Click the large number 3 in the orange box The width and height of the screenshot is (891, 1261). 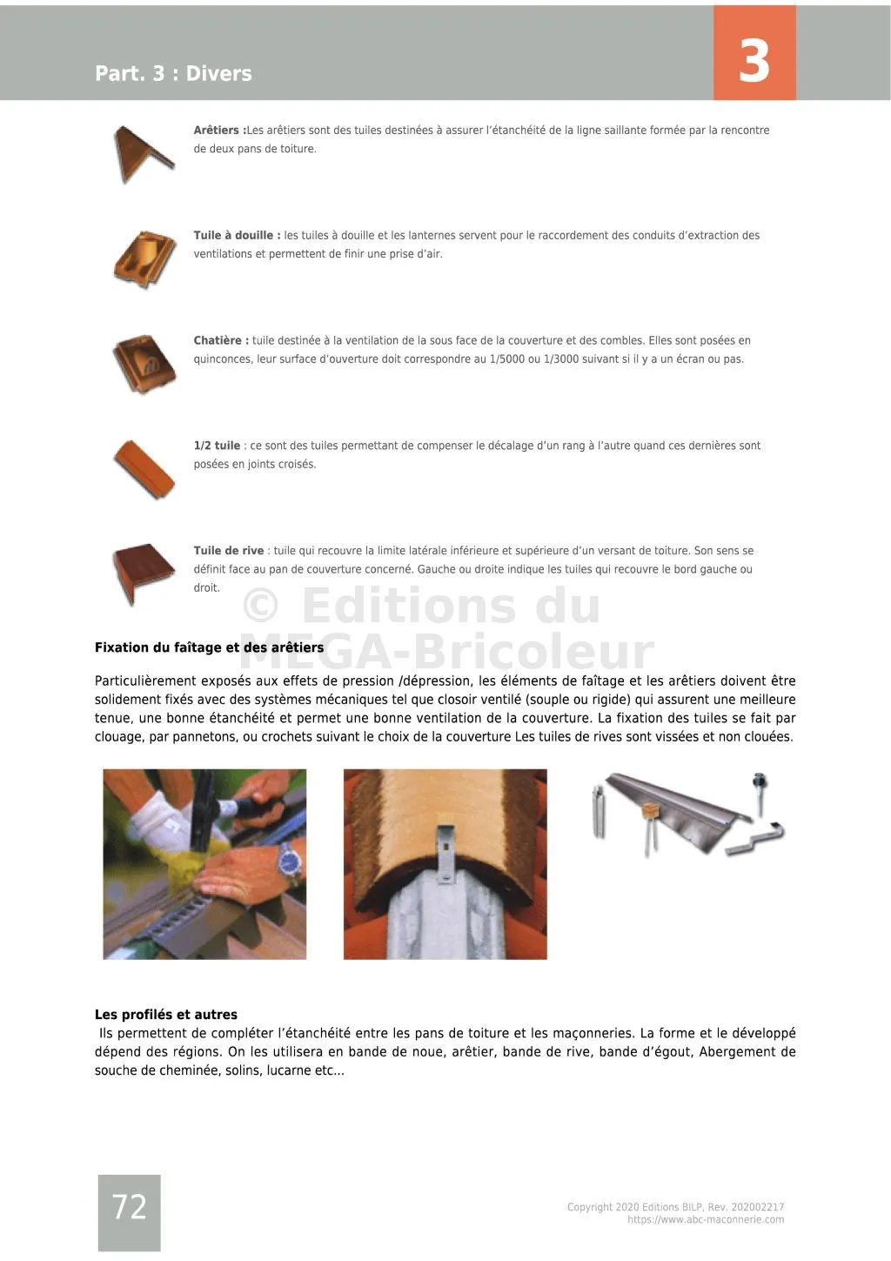[x=754, y=60]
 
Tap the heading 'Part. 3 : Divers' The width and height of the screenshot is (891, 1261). [x=173, y=73]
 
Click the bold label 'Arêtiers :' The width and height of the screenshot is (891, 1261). [x=219, y=131]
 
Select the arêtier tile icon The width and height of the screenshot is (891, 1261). [x=143, y=153]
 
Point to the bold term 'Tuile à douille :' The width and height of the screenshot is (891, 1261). [x=237, y=235]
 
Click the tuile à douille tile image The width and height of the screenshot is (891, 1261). [x=144, y=258]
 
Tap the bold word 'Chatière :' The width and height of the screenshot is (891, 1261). [x=221, y=340]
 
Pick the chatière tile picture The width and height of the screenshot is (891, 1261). [x=144, y=364]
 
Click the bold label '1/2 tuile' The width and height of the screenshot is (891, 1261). [x=217, y=446]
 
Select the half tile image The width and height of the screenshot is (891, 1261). [x=144, y=468]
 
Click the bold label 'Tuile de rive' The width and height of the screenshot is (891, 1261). [x=228, y=551]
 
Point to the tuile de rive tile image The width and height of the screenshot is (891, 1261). [x=144, y=573]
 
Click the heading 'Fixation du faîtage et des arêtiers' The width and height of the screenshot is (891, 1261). [x=209, y=647]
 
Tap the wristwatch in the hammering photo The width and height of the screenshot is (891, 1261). [x=289, y=863]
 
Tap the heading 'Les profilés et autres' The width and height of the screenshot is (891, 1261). [x=165, y=1015]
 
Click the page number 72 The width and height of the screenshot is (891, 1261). [x=129, y=1207]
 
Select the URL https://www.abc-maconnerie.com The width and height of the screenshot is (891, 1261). [x=705, y=1220]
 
